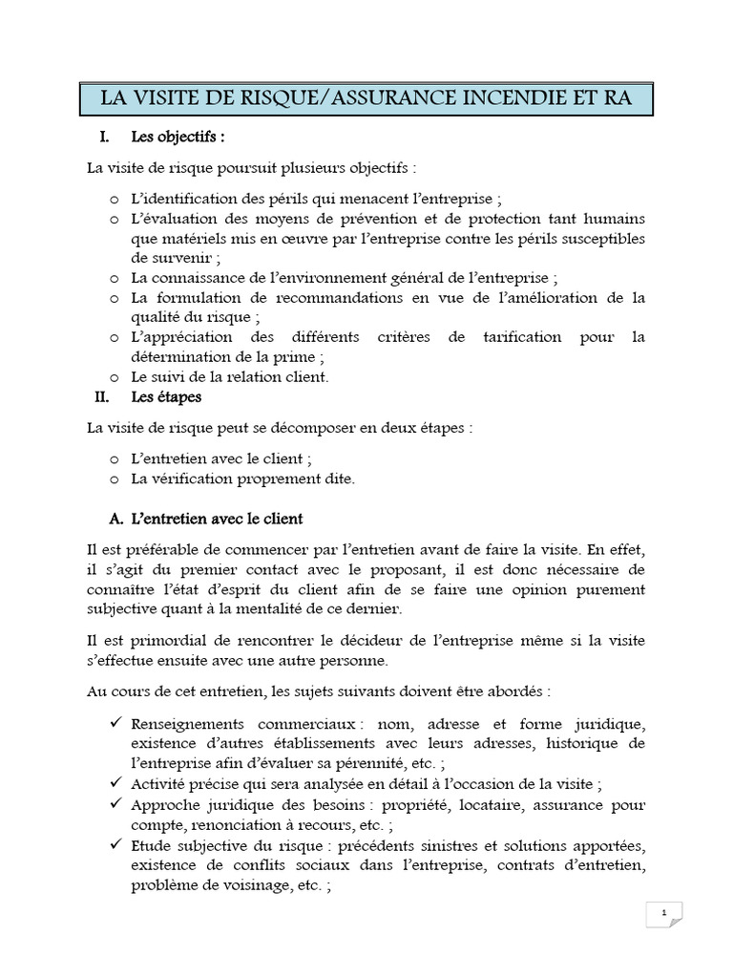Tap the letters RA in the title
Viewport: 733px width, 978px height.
pos(613,98)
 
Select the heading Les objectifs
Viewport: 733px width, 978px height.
pos(178,138)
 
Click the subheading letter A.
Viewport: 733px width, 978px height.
pos(117,520)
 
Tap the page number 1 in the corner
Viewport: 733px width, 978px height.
pos(663,914)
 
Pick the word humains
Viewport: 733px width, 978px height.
pos(613,219)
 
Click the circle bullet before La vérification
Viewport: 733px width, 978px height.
pos(115,479)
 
